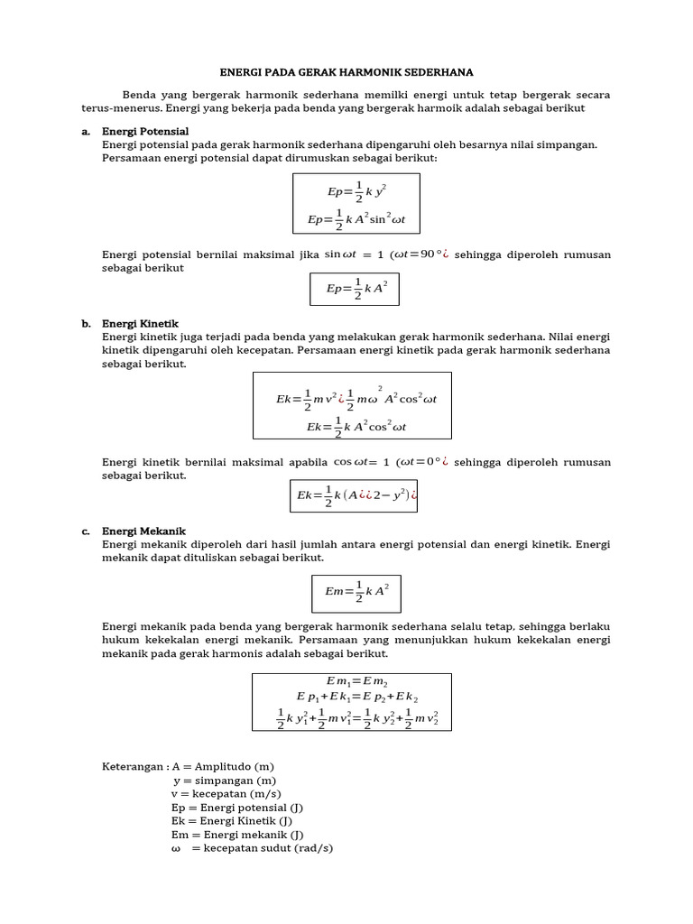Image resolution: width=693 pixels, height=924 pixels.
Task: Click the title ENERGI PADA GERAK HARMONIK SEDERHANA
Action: [x=346, y=72]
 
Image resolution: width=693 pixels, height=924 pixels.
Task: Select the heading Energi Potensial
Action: [x=145, y=132]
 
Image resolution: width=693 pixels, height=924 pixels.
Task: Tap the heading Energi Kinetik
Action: [x=141, y=323]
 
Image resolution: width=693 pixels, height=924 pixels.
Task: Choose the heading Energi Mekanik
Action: [x=144, y=531]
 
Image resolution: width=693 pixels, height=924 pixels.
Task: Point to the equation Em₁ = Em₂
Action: [x=356, y=681]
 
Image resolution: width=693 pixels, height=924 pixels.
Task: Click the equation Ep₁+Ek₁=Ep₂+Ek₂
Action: [x=356, y=697]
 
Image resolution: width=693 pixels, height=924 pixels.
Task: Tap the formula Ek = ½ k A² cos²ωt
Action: [x=356, y=427]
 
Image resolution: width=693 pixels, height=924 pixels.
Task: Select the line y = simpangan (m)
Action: [x=225, y=781]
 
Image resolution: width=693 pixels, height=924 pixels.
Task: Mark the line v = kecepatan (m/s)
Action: [x=224, y=794]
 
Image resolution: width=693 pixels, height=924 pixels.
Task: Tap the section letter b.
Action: [x=87, y=323]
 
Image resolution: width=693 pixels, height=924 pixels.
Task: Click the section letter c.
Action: [x=86, y=531]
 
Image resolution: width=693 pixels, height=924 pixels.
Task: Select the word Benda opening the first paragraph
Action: [x=138, y=94]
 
